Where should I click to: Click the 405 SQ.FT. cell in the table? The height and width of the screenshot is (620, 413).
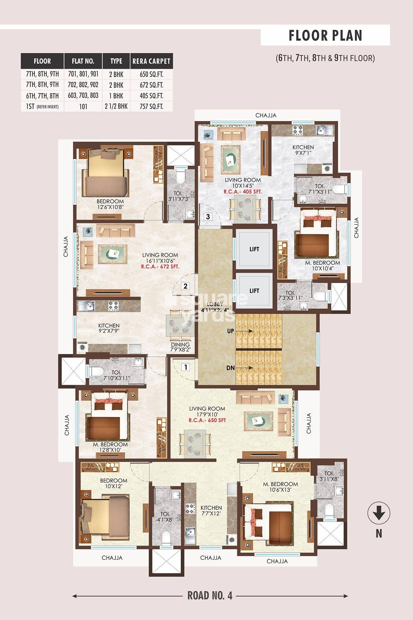tap(151, 96)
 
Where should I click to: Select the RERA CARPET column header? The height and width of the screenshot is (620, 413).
tap(151, 61)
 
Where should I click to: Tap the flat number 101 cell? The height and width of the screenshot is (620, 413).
tap(83, 107)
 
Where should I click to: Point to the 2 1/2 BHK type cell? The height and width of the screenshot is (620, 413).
tap(116, 106)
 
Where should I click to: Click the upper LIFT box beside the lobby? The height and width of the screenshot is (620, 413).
tap(254, 249)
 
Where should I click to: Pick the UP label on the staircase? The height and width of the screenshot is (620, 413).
tap(231, 331)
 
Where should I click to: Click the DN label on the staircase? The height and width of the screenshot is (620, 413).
tap(231, 368)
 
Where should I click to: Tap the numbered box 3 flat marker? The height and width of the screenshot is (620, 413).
tap(208, 217)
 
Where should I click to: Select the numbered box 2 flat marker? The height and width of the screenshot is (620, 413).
tap(186, 286)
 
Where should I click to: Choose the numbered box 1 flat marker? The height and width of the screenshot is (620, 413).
tap(186, 367)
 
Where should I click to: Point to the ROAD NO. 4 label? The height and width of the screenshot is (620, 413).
tap(210, 595)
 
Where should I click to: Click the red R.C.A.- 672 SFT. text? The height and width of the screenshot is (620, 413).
tap(160, 267)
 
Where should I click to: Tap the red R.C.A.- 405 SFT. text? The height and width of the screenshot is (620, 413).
tap(243, 192)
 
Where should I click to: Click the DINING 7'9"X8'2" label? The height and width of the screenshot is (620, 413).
tap(180, 347)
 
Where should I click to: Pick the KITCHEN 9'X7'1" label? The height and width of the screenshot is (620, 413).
tap(303, 150)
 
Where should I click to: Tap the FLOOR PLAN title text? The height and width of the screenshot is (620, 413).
tap(326, 36)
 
